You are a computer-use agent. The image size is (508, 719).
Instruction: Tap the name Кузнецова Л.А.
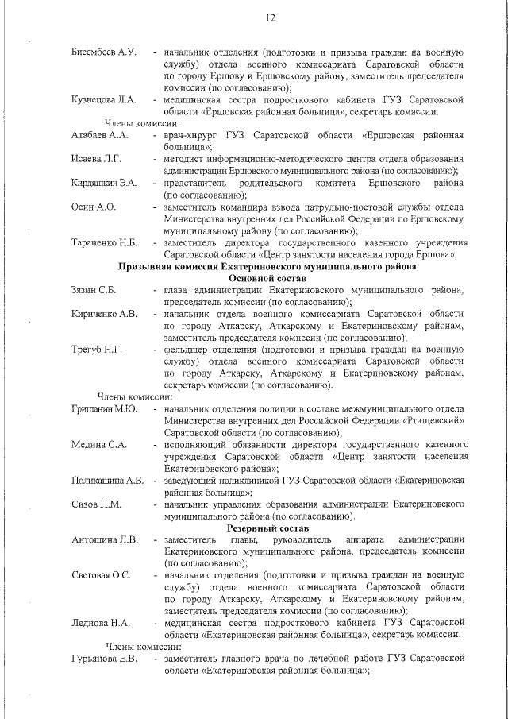click(x=103, y=100)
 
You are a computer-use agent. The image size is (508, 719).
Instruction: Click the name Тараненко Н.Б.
click(x=105, y=242)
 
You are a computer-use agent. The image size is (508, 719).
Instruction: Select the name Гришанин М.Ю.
click(x=105, y=409)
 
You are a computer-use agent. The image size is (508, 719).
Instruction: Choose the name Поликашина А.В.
click(x=107, y=481)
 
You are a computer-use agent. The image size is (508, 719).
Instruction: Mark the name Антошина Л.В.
click(x=104, y=540)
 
